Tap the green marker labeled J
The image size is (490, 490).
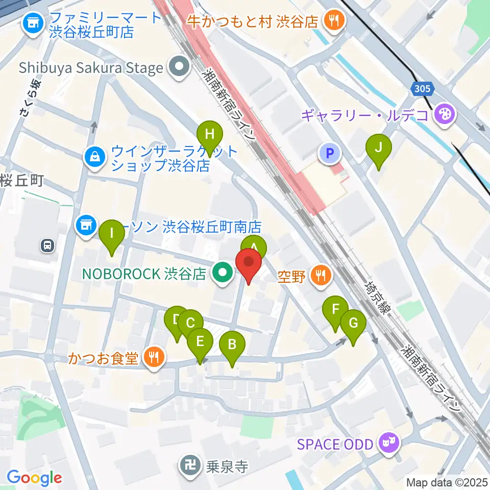[378, 148]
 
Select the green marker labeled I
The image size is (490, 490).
[112, 234]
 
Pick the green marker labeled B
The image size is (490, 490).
[232, 345]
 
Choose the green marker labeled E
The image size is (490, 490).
[200, 341]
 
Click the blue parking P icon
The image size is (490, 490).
[330, 152]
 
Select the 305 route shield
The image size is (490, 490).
[423, 89]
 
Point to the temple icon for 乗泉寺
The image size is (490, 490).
[191, 465]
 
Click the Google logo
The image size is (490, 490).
[34, 478]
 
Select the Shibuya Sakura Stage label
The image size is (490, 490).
[91, 67]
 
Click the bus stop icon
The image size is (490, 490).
[47, 246]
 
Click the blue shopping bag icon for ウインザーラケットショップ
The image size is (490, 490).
[95, 155]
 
